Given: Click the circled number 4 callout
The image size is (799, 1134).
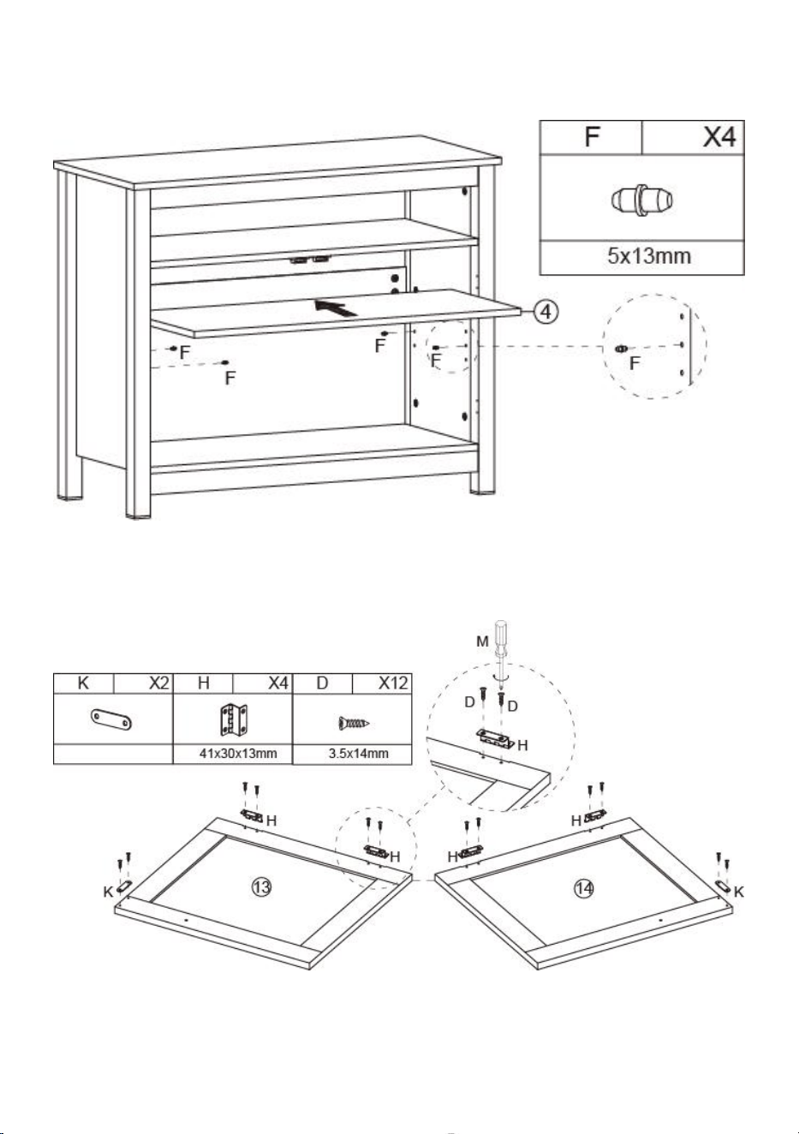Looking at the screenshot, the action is click(x=546, y=312).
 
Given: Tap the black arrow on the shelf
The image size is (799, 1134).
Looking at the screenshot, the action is click(x=336, y=307).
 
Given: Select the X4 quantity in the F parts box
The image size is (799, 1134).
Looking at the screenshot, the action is click(x=719, y=137).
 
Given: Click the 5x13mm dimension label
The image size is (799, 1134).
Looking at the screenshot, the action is click(x=649, y=255).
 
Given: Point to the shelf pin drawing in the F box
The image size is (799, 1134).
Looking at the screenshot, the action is click(x=641, y=200).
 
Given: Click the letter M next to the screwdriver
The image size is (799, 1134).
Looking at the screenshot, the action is click(x=482, y=642).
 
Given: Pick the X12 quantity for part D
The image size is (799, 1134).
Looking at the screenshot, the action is click(x=393, y=683).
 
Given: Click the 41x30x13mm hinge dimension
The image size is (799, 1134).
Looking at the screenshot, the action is click(x=238, y=754).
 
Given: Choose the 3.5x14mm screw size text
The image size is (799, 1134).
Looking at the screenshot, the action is click(x=359, y=754).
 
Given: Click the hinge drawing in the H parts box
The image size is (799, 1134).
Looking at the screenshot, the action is click(x=233, y=720).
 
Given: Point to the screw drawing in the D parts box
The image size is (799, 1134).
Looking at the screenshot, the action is click(x=354, y=722).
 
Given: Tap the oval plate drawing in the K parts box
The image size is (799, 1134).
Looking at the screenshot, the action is click(x=111, y=720).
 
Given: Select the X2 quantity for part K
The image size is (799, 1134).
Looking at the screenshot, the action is click(x=159, y=683).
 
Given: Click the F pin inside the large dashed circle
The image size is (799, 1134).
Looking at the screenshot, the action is click(x=621, y=349).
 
